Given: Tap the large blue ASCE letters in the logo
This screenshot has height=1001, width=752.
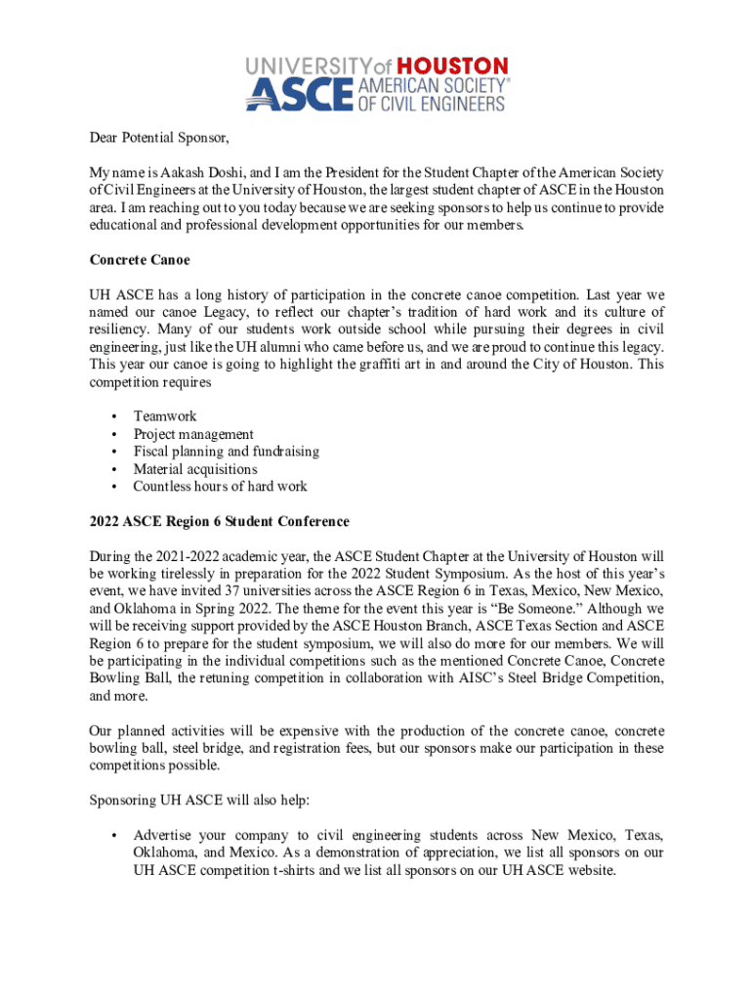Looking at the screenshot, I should pyautogui.click(x=299, y=95).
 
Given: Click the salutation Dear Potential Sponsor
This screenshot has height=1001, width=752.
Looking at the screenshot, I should pyautogui.click(x=158, y=136).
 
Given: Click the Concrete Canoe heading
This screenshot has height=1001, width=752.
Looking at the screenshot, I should pyautogui.click(x=140, y=260).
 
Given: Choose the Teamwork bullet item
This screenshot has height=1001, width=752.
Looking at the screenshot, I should pyautogui.click(x=165, y=416).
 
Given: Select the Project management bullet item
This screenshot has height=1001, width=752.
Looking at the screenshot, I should pyautogui.click(x=193, y=434).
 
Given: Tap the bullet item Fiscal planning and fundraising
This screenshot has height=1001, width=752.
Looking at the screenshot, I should pyautogui.click(x=227, y=452).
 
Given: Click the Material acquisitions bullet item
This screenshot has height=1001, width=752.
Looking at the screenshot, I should pyautogui.click(x=195, y=469).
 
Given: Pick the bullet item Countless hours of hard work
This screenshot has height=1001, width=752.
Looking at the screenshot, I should pyautogui.click(x=220, y=487).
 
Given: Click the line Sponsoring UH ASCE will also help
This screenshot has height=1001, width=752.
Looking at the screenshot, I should pyautogui.click(x=200, y=801).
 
